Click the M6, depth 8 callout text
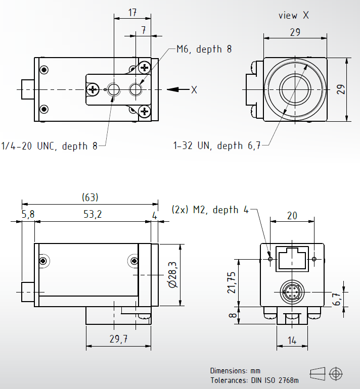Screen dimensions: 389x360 pos(204,49)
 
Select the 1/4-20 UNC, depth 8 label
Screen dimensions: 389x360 pos(49,146)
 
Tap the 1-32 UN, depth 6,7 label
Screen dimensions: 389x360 pos(217,146)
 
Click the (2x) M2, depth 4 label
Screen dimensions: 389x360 pos(210,210)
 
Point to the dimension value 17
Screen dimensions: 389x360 pos(132,13)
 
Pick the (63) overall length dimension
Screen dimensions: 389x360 pos(90,197)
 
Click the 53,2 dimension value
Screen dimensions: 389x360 pos(92,215)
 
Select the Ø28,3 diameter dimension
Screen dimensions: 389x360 pos(172,274)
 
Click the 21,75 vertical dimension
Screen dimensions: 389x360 pos(232,282)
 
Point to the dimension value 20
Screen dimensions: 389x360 pos(292,215)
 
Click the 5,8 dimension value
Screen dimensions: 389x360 pos(28,215)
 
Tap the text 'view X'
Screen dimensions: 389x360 pos(293,15)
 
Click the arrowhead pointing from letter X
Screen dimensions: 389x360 pos(173,90)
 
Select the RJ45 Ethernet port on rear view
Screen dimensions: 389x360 pos(292,259)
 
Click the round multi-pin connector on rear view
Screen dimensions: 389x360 pos(292,291)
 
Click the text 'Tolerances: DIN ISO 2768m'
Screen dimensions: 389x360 pos(254,380)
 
